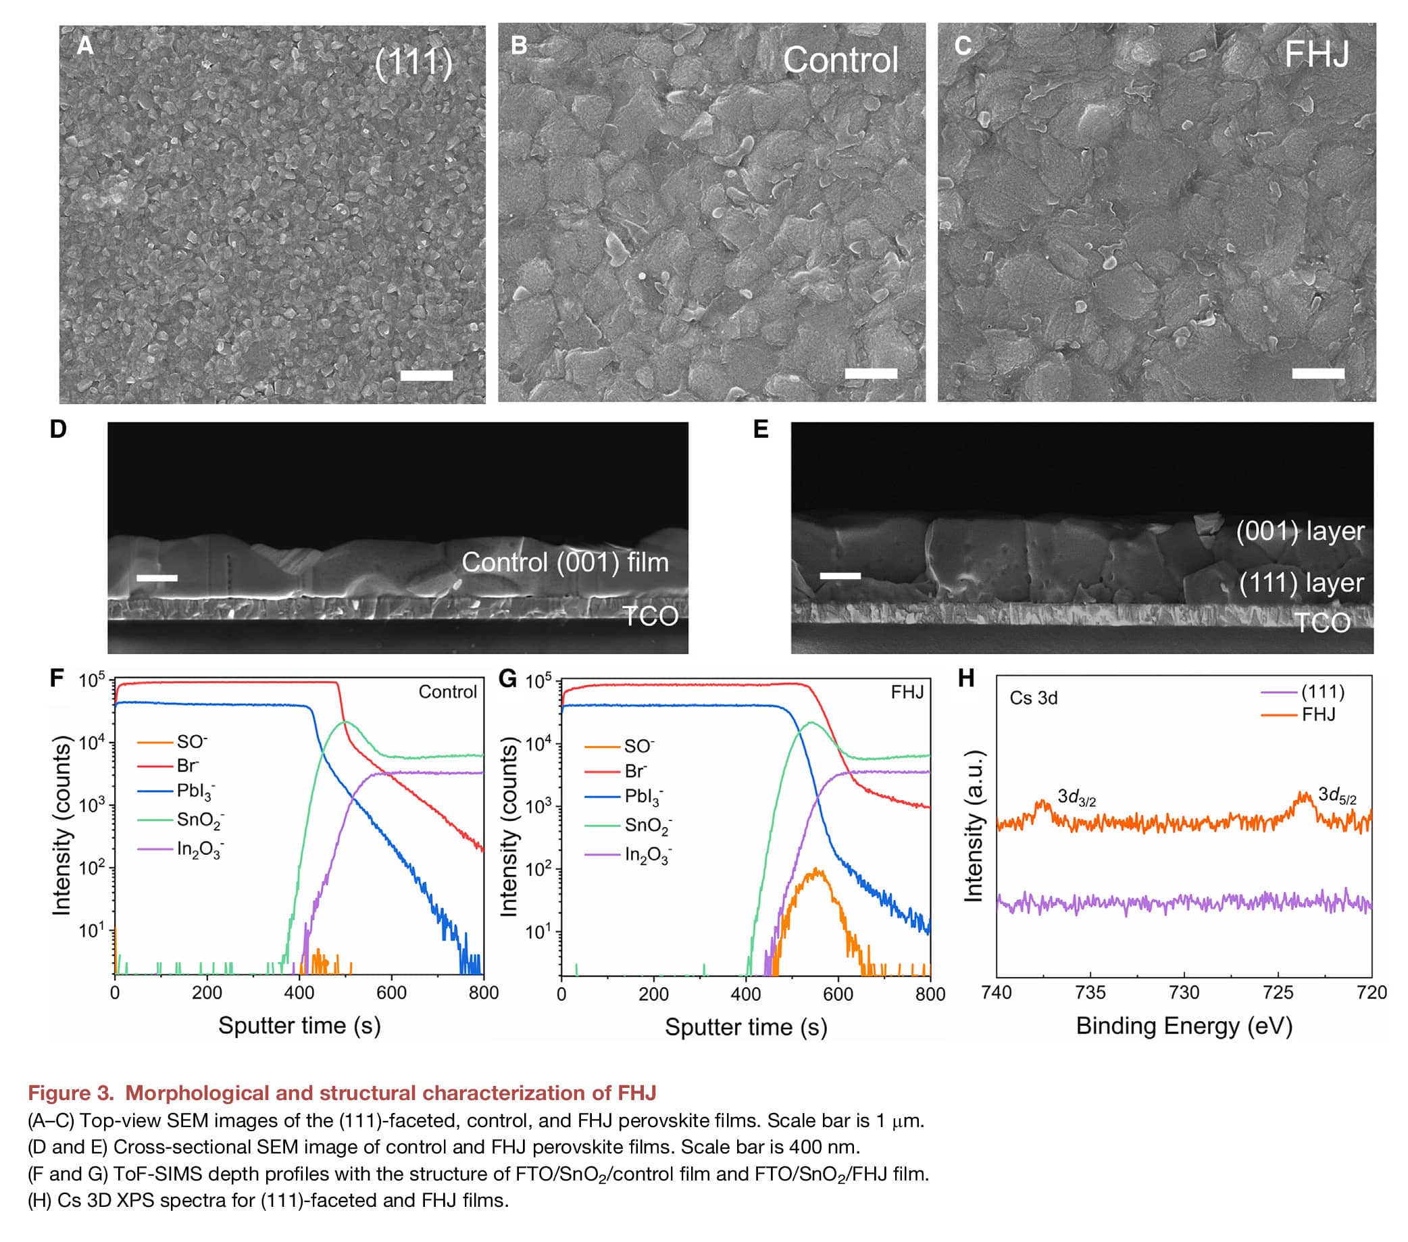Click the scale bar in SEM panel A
coord(426,376)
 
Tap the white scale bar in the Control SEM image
coord(871,374)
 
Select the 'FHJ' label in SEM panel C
coord(1316,55)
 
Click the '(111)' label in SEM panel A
coord(413,64)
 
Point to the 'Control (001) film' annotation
coord(565,563)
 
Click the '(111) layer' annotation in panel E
coord(1301,583)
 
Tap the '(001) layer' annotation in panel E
coord(1300,531)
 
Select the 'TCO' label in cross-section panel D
coord(650,616)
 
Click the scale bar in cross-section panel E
coord(840,575)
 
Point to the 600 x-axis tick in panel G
coord(838,994)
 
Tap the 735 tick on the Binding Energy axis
coord(1090,993)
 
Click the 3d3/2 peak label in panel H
coord(1076,797)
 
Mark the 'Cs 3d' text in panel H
coord(1033,698)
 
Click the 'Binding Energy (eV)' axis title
coord(1184,1026)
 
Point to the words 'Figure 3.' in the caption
coord(71,1093)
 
